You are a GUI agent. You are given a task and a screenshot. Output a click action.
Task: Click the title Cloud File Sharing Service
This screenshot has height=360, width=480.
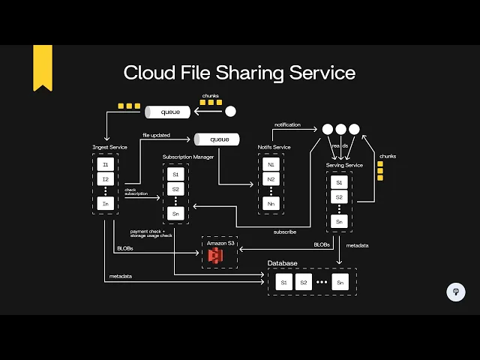tap(239, 73)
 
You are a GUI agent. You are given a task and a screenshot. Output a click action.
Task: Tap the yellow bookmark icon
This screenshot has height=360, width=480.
tap(43, 66)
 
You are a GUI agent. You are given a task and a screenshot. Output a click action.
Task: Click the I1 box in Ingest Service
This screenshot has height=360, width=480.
tap(106, 163)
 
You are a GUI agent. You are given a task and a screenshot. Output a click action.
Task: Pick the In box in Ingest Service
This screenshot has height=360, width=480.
tap(106, 203)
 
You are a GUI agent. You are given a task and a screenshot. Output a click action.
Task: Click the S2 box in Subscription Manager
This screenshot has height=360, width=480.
tap(175, 189)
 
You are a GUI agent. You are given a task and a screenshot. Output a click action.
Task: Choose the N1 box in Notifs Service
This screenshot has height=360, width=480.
tap(271, 163)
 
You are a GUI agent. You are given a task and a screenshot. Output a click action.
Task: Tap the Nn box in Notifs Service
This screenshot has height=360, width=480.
tap(271, 203)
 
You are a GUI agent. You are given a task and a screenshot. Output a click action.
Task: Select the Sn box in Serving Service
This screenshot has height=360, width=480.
tap(339, 221)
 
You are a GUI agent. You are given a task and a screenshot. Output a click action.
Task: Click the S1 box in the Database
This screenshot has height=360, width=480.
tap(283, 282)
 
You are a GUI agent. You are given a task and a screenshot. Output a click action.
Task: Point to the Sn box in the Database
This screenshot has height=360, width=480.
tap(341, 282)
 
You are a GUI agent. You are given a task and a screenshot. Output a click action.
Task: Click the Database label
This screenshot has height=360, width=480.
tap(283, 263)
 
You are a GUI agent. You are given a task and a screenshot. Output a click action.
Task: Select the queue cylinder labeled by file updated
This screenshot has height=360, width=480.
tap(217, 139)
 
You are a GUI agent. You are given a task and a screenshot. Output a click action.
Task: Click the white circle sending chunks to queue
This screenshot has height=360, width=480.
tap(230, 112)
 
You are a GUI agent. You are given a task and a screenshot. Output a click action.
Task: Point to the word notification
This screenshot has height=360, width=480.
tap(287, 124)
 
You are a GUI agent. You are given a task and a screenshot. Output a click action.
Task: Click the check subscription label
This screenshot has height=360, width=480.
tap(136, 192)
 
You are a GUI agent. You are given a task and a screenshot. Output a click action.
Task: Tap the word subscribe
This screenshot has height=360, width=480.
tap(284, 232)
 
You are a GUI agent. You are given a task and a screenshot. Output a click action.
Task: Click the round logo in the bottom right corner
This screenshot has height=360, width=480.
tap(455, 292)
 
